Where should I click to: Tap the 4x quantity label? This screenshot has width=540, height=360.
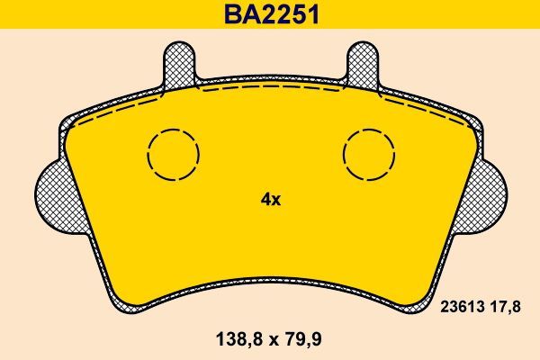(x=270, y=200)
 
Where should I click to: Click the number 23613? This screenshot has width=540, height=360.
(x=461, y=308)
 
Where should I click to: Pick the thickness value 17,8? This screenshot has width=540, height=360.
(x=505, y=308)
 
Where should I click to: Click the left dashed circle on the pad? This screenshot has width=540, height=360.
(x=174, y=154)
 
